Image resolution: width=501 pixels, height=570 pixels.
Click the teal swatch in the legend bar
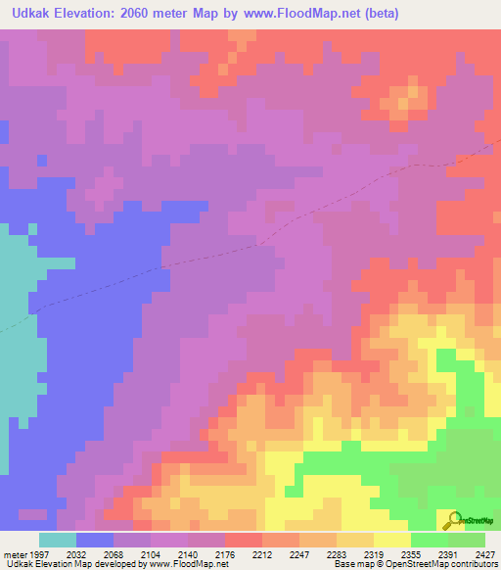click(58, 539)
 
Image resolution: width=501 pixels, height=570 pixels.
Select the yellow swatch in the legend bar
click(391, 539)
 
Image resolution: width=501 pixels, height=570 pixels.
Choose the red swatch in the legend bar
click(243, 539)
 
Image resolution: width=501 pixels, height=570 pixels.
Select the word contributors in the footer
click(469, 564)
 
